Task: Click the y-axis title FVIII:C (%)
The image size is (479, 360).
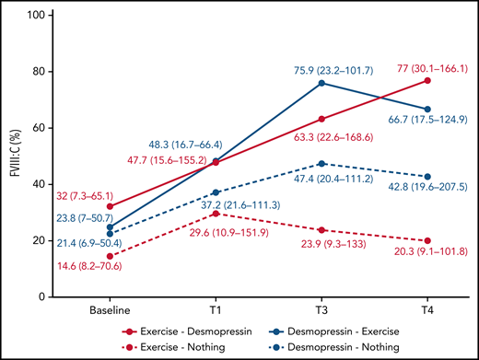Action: click(12, 155)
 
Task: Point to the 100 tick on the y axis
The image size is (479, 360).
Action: click(41, 16)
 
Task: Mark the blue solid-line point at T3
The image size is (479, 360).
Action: click(320, 83)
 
